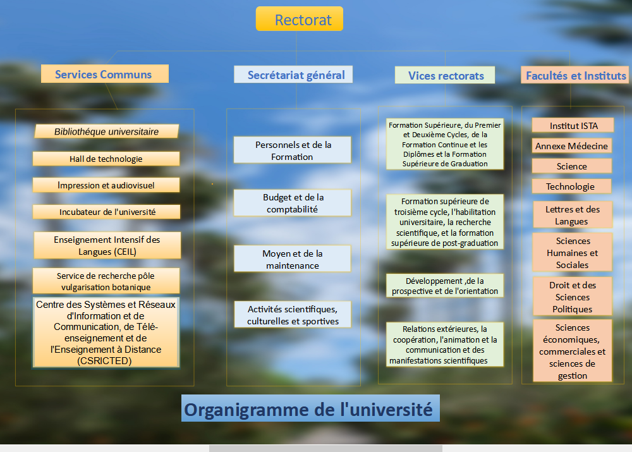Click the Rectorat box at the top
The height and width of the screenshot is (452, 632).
pos(300,19)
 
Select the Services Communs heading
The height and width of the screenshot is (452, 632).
pos(105,74)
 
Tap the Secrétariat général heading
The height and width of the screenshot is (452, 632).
pos(293,75)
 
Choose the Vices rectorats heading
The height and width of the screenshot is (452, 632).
pos(445,75)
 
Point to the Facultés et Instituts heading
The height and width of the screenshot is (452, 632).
pos(574,75)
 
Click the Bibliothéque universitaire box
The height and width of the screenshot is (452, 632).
pos(106,131)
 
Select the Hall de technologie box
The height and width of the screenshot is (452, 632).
pos(106,159)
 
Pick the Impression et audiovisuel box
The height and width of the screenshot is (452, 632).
pos(106,185)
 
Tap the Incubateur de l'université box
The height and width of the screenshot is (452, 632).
pos(106,212)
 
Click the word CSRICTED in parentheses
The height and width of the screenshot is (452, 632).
pos(104,361)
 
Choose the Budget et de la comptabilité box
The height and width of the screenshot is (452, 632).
pos(292,203)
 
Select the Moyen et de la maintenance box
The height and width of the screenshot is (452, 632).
pos(292,259)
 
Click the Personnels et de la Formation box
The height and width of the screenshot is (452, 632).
pos(292,150)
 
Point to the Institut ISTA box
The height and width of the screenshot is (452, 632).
pos(573,125)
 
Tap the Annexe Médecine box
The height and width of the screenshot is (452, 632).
pos(571,146)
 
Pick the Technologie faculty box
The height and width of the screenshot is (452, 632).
pos(571,186)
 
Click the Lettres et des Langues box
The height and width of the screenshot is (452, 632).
pos(573,215)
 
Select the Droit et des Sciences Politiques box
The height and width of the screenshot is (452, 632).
pos(573,296)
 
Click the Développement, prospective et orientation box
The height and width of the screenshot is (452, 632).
pos(445,286)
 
